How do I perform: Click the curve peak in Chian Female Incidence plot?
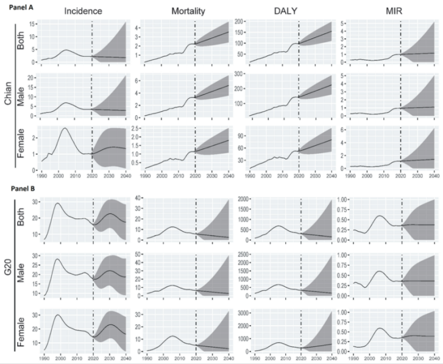pos(64,129)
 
